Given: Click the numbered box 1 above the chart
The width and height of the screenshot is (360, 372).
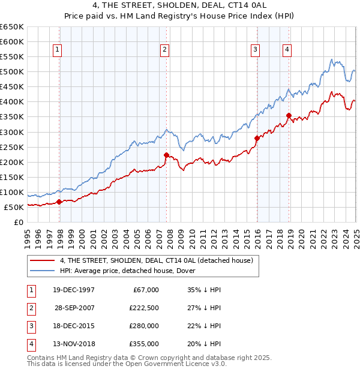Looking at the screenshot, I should pos(57,50).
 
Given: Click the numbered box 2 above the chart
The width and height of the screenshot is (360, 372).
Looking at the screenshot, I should pos(164,50).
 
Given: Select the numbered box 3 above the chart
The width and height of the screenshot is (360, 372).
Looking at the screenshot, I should pos(255,50).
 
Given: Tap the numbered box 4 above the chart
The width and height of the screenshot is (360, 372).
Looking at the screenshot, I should pos(287,50).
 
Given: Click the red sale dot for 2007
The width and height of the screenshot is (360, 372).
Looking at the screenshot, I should pos(166,155).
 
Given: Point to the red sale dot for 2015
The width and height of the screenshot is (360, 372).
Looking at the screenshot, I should pos(257,138).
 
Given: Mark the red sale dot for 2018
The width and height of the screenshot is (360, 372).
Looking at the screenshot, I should pos(289,115).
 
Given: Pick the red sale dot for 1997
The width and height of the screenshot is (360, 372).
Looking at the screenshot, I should pos(59,202).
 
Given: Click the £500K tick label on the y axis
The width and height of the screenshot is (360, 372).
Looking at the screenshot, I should pos(12,72).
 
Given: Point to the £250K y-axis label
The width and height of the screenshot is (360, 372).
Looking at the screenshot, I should pos(12,147).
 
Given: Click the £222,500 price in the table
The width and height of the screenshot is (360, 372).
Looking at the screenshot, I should pos(144,307).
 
